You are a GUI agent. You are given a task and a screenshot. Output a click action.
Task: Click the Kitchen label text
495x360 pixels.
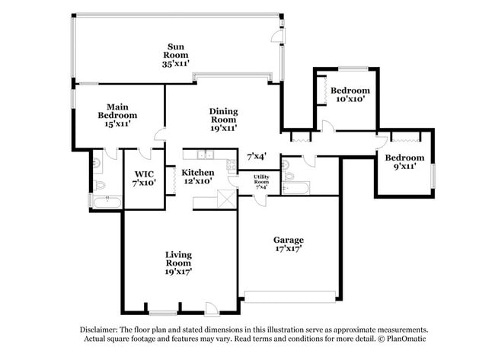click(197, 173)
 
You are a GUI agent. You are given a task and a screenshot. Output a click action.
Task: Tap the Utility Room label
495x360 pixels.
click(261, 180)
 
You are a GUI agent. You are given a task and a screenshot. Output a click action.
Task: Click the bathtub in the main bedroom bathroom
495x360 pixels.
click(106, 202)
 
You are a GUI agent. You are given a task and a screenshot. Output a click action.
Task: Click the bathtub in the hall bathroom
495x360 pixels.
click(298, 187)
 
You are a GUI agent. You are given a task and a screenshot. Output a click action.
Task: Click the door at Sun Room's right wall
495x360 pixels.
click(279, 35)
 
